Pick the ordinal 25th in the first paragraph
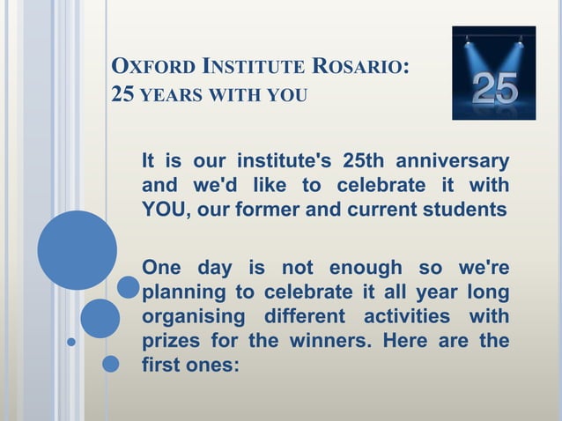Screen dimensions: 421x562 click(364, 162)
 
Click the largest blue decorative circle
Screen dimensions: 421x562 click(78, 250)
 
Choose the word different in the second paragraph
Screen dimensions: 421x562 click(304, 314)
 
